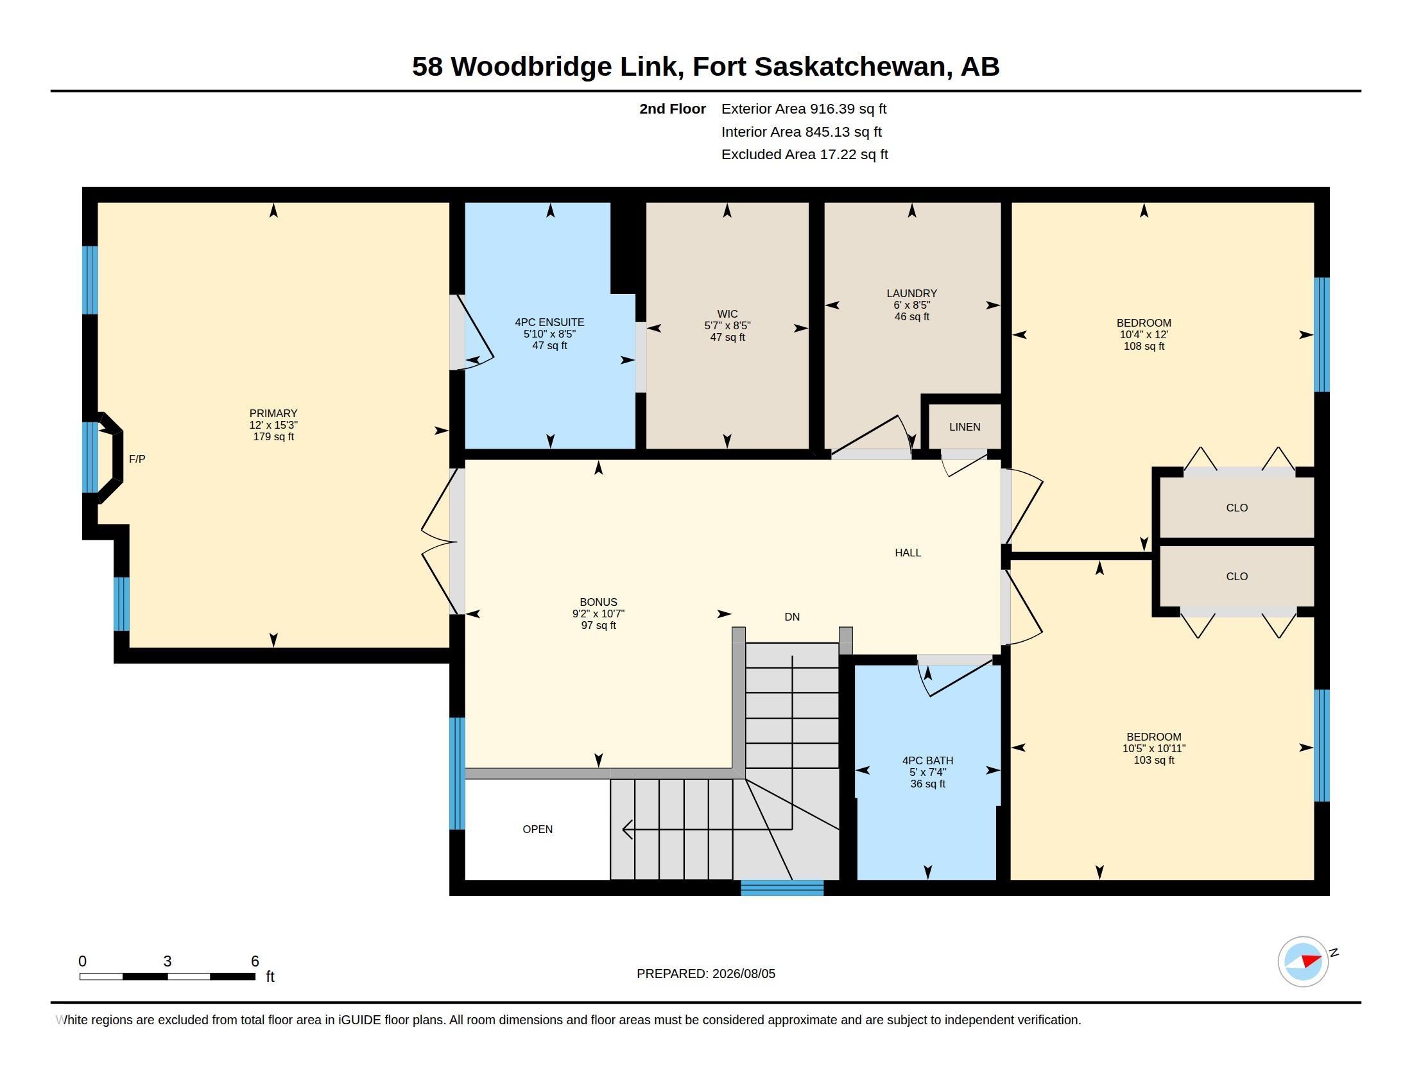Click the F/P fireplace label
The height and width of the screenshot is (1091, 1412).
point(137,459)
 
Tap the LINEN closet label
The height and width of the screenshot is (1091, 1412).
point(965,427)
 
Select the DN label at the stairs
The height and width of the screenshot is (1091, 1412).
point(792,617)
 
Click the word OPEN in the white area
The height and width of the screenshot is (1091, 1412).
point(537,829)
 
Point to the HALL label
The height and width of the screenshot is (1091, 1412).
point(908,553)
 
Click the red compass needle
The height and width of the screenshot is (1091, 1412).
point(1311,961)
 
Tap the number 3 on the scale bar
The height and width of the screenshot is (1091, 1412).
point(168,961)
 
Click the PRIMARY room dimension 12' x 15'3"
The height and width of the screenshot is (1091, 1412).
point(273,425)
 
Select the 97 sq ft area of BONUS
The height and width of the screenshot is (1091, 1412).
point(599,625)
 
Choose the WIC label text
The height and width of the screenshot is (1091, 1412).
point(727,313)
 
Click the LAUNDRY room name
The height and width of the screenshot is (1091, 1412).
point(911,293)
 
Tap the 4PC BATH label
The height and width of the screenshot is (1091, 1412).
point(928,760)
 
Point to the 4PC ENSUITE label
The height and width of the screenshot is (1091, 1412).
point(549,322)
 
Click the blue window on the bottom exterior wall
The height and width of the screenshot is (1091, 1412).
point(782,888)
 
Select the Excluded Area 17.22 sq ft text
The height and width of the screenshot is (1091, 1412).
point(805,155)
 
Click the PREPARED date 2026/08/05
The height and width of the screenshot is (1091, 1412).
point(743,974)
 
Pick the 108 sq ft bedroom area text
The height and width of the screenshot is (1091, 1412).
point(1144,346)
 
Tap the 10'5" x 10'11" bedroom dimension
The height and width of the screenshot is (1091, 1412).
point(1154,748)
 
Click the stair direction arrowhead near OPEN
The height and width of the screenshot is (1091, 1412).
point(627,829)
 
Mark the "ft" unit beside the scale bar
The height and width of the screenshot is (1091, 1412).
point(270,977)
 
